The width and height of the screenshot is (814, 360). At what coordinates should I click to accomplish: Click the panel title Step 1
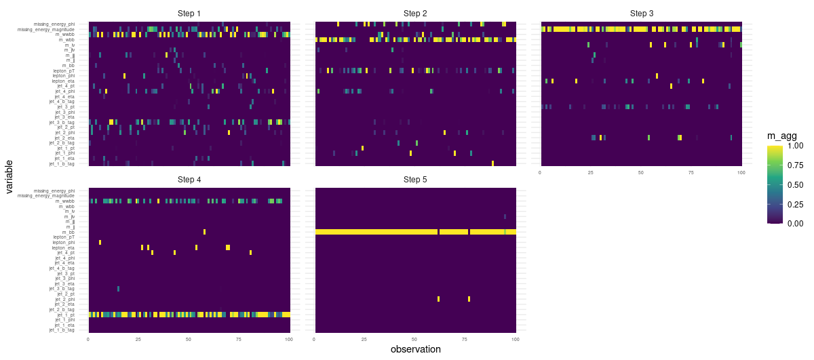(189, 14)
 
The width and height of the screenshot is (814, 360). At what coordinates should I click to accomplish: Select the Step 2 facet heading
(415, 14)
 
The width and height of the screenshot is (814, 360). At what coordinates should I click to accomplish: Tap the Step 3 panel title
(641, 14)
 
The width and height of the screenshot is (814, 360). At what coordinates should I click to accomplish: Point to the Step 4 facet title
(189, 180)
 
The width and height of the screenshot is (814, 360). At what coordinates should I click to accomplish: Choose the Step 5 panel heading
(415, 180)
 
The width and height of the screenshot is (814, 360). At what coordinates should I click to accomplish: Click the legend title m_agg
(781, 136)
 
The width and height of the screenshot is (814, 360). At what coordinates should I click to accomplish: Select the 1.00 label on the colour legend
(796, 146)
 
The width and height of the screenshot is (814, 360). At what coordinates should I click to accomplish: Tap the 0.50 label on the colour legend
(796, 184)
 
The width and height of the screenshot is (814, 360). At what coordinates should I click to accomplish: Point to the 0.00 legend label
(796, 223)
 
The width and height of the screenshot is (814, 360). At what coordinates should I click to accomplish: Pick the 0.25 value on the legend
(796, 203)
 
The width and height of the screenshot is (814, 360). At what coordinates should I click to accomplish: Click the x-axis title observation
(415, 350)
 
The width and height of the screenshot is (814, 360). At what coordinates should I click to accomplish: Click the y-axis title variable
(9, 178)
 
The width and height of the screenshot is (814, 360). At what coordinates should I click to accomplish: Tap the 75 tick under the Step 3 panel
(692, 173)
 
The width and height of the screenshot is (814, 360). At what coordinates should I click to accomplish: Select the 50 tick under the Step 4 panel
(189, 339)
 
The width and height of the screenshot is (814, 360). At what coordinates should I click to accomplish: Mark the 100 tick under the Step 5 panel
(514, 339)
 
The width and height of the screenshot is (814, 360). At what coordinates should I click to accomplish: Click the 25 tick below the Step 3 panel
(591, 173)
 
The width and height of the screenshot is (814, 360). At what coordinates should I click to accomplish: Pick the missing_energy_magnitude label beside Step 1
(46, 29)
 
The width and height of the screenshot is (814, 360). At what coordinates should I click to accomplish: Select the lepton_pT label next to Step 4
(64, 237)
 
